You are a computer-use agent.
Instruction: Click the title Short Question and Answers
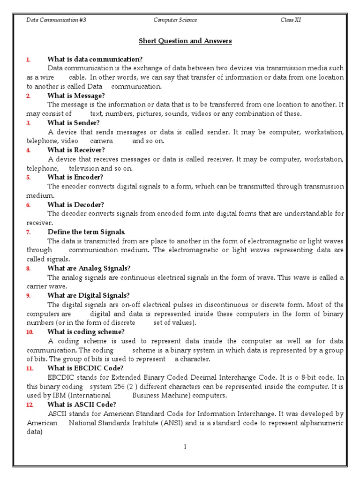185,41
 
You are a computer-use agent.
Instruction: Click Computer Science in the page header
175,20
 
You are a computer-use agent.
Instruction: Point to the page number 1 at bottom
185,447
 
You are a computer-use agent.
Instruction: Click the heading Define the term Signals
87,232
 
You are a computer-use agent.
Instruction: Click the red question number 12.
30,405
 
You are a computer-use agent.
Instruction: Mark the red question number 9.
29,296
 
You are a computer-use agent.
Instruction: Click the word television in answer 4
84,168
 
